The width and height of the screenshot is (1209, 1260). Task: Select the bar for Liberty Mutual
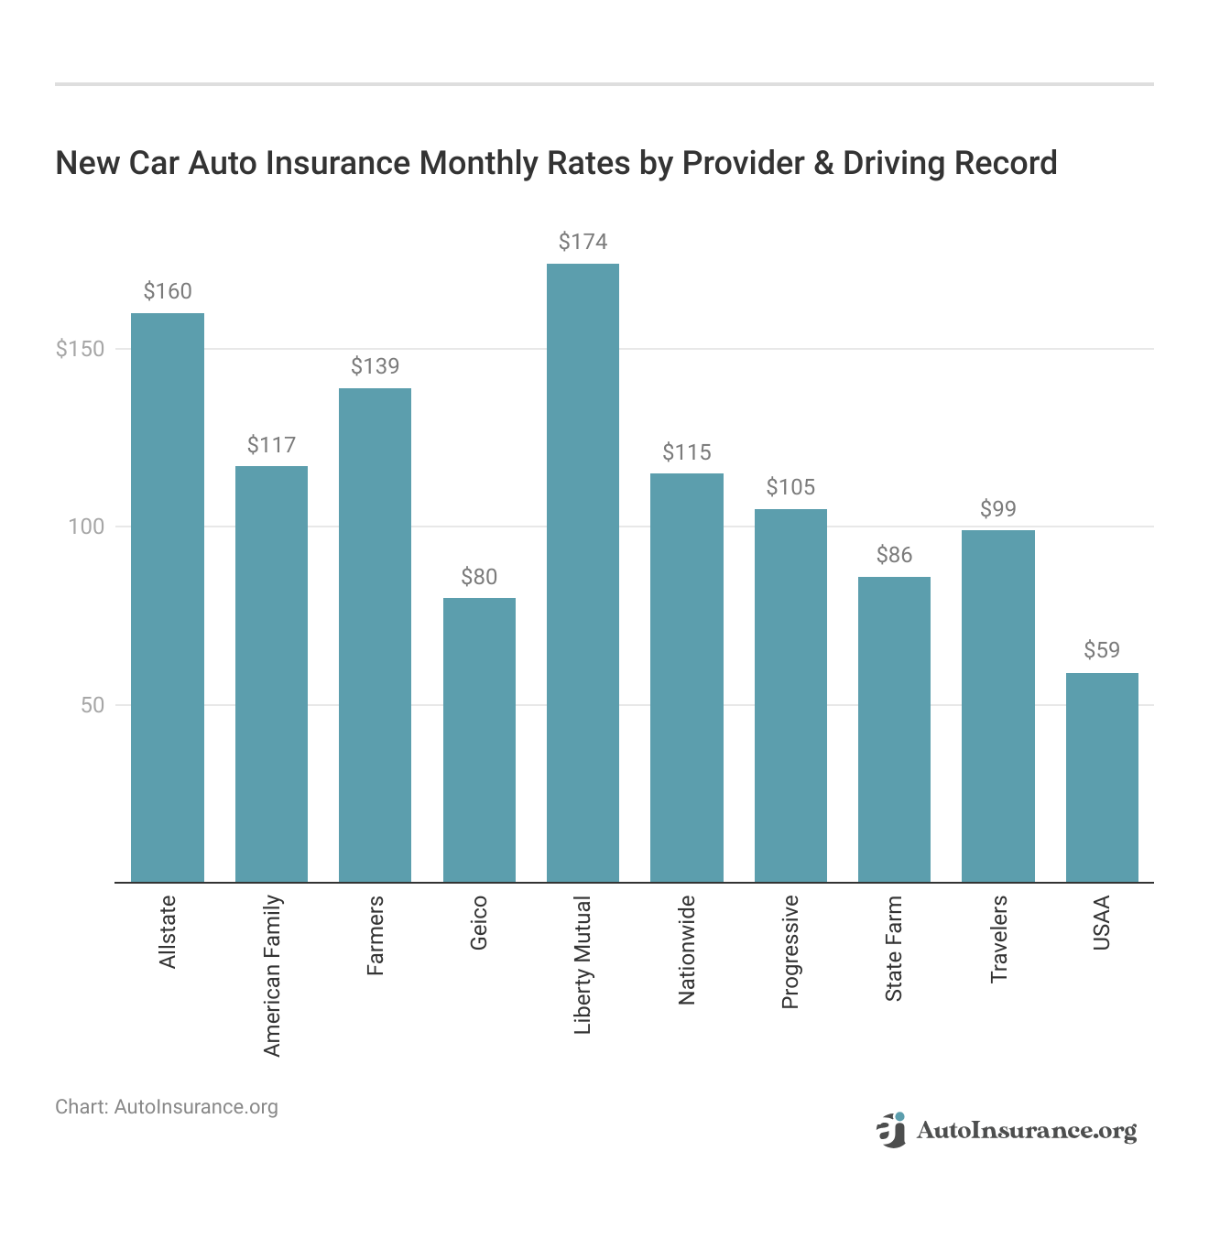583,572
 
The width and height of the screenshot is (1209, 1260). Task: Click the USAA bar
1102,777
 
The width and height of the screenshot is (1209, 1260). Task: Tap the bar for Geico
479,740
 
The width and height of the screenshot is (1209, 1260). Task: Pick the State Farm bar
894,729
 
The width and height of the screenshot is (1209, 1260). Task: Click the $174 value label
583,242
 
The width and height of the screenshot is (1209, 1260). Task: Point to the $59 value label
1102,650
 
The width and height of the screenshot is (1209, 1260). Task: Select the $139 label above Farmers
375,366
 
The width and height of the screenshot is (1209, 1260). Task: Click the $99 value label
998,509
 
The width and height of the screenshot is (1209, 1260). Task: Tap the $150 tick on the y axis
80,349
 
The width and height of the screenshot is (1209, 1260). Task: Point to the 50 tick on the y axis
93,705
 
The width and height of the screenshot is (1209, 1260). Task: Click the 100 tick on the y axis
87,527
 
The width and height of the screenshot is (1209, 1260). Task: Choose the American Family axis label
272,976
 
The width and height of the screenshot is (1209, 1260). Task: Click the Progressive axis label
790,952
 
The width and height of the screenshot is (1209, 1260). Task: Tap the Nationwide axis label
687,950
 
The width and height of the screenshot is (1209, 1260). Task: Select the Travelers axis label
998,940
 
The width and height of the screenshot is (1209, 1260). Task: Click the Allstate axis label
168,932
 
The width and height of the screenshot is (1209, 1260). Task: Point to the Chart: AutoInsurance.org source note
167,1107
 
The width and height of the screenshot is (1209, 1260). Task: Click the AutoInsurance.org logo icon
890,1130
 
